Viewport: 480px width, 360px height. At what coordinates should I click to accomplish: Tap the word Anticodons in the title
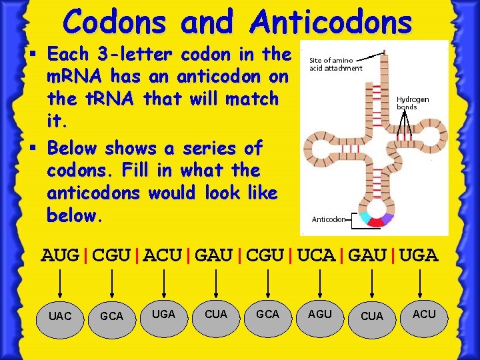pos(331,22)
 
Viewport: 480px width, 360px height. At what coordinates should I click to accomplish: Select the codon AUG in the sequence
pos(60,255)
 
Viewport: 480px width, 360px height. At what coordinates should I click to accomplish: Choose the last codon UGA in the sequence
pos(421,255)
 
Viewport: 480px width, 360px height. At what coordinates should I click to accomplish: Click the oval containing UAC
pos(60,316)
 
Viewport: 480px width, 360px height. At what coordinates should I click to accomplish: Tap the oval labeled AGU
pos(320,314)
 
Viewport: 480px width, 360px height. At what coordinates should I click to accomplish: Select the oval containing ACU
pos(424,314)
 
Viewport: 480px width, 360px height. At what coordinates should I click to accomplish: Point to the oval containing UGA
pos(164,314)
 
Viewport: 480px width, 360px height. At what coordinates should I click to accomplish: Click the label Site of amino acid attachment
pos(335,64)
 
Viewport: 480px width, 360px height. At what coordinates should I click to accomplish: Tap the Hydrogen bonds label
pos(413,103)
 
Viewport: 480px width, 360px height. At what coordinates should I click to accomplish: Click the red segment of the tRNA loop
pos(377,222)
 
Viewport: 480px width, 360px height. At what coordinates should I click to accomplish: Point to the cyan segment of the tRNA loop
pos(364,217)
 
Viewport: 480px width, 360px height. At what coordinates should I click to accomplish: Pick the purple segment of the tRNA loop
pos(389,217)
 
